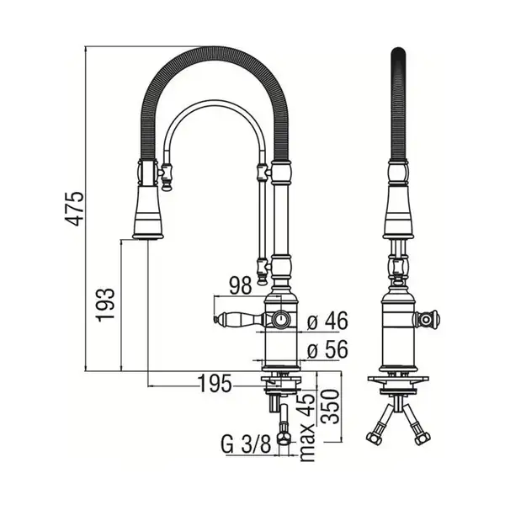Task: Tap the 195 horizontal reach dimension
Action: click(215, 384)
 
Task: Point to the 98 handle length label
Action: click(240, 285)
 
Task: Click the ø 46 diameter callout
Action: click(327, 321)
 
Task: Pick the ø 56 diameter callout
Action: click(327, 349)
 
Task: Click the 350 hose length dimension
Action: click(331, 407)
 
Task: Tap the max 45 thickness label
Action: click(306, 426)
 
